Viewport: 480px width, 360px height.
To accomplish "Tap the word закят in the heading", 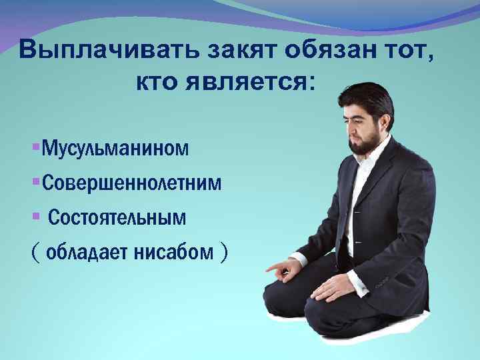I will pyautogui.click(x=217, y=50).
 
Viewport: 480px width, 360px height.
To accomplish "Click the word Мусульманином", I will pyautogui.click(x=115, y=147).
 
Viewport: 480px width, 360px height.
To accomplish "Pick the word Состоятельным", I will pyautogui.click(x=117, y=218).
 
